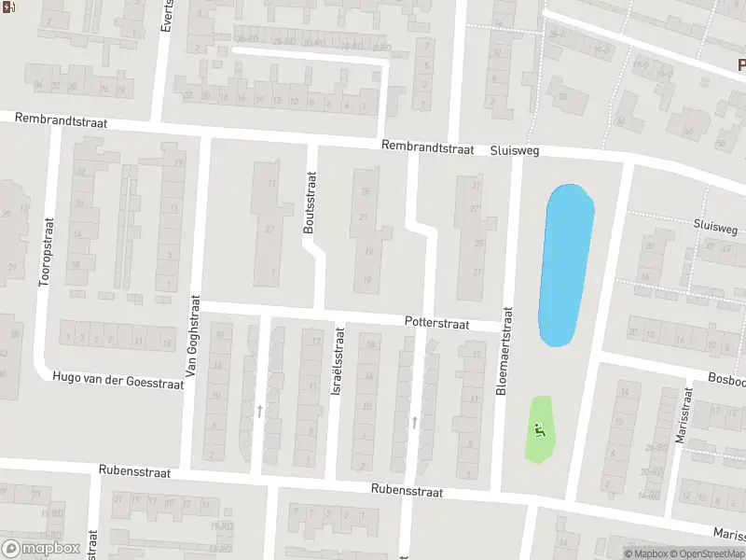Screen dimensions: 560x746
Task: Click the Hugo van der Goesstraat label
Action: click(x=120, y=383)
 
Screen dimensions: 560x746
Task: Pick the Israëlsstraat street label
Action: click(x=338, y=371)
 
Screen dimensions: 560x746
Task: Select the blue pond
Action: click(x=566, y=264)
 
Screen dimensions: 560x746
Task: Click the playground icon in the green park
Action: click(x=538, y=431)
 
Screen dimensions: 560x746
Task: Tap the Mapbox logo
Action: click(x=41, y=548)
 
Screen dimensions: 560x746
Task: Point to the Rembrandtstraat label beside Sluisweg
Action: click(x=428, y=147)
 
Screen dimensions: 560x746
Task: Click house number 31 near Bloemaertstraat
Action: click(x=476, y=185)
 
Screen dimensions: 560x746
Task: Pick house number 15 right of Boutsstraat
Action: click(x=368, y=279)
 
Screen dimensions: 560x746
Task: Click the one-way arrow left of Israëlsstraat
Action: click(x=259, y=411)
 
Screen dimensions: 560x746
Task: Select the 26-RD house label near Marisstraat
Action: click(x=655, y=447)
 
